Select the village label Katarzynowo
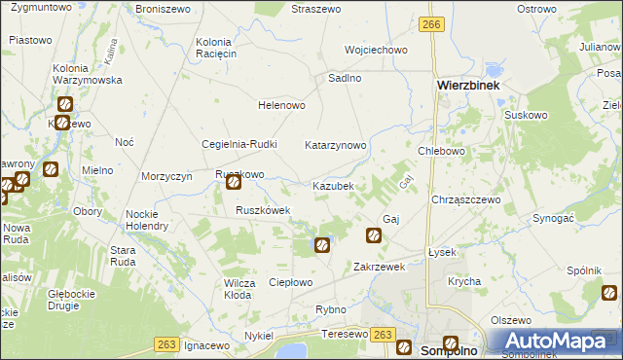[x=336, y=145]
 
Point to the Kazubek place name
[x=338, y=185]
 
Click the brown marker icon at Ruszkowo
[x=234, y=182]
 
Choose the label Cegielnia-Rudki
[x=239, y=145]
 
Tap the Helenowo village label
[x=281, y=105]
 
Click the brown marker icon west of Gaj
[x=373, y=234]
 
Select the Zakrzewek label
[x=379, y=266]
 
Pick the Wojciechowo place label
[x=376, y=50]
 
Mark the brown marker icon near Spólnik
[x=610, y=292]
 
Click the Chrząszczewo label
[x=465, y=199]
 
